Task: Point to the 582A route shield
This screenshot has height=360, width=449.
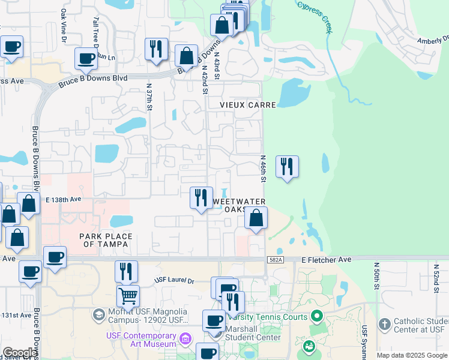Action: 275,259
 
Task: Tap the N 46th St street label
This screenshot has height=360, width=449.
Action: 263,169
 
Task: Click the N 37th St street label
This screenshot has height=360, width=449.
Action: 150,96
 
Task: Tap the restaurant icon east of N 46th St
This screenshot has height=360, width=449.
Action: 287,166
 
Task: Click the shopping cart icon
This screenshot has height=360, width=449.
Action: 128,295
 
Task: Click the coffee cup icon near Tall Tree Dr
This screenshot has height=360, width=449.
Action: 86,58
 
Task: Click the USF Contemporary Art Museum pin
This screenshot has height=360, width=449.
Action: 184,340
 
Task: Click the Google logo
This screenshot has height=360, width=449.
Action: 20,352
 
